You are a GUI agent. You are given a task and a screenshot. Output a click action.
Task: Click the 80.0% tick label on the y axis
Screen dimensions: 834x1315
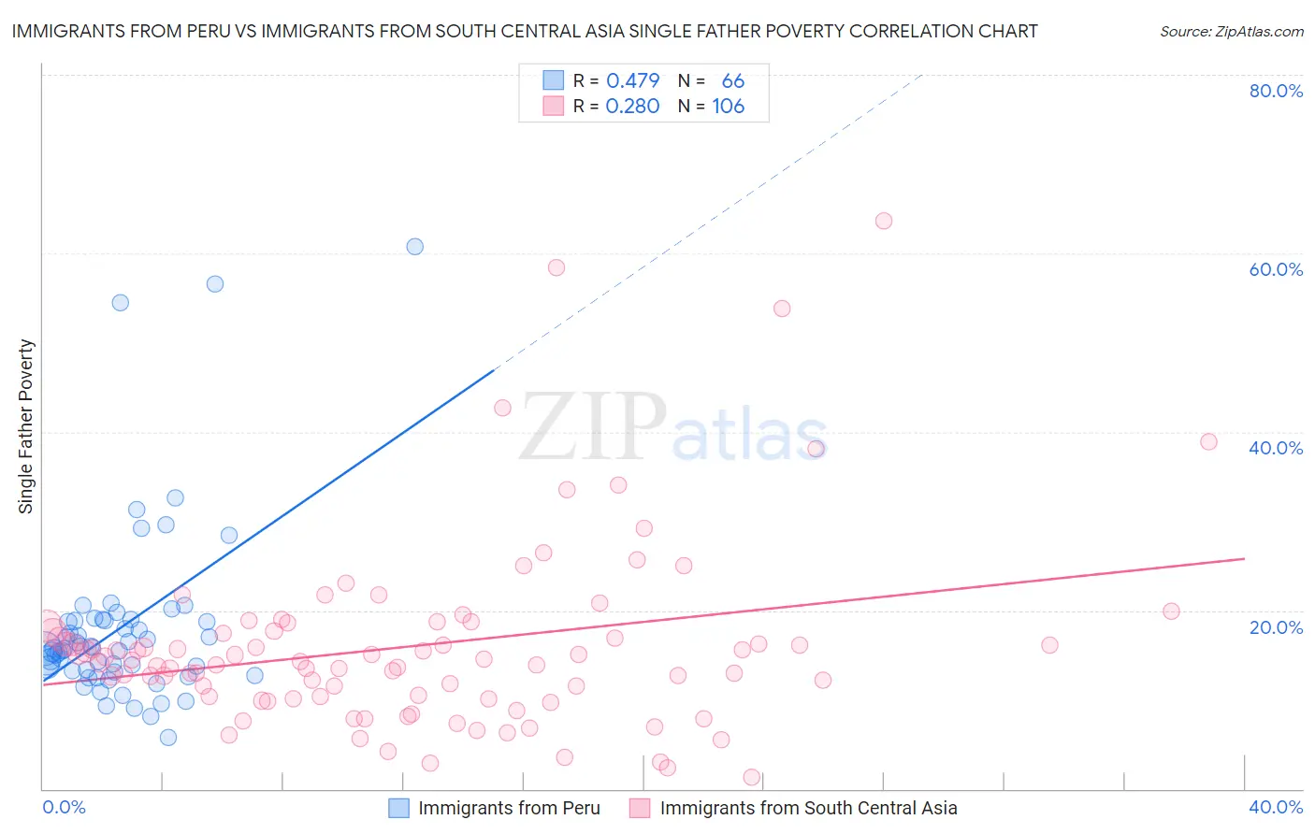(1276, 91)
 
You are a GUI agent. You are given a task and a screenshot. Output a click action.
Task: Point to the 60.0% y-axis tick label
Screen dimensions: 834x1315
(1276, 269)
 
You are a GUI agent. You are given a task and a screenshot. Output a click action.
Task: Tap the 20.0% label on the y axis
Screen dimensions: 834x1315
(1276, 626)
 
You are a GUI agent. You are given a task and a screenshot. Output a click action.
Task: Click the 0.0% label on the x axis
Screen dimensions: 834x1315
(64, 807)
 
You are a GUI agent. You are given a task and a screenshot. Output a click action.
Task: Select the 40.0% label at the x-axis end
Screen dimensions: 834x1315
(1276, 807)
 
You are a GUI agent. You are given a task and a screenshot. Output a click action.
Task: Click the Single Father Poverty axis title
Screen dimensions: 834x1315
(26, 426)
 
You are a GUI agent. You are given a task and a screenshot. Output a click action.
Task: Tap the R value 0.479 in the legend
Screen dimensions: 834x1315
(633, 81)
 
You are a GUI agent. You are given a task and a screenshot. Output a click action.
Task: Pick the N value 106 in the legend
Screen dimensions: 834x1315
(729, 107)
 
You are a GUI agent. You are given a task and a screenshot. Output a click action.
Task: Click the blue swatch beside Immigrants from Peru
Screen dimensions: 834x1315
(399, 808)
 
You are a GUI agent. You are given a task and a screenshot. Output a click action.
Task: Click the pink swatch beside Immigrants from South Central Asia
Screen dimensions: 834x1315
(640, 808)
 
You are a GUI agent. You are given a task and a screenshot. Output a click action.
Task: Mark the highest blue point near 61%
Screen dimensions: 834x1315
(414, 247)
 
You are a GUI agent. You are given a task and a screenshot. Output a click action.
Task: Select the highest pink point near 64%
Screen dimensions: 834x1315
(884, 222)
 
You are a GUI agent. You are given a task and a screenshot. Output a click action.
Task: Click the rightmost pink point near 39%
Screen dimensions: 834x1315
(1208, 442)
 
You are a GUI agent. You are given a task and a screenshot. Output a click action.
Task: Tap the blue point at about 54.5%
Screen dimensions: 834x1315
(121, 303)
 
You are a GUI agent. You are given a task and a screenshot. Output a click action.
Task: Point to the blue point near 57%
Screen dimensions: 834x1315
(215, 284)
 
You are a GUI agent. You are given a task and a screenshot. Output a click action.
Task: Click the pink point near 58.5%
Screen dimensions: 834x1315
(556, 267)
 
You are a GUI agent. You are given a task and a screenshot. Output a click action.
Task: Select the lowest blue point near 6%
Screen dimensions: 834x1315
(168, 738)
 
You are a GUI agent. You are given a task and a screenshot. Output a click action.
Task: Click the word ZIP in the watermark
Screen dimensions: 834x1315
(593, 427)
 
